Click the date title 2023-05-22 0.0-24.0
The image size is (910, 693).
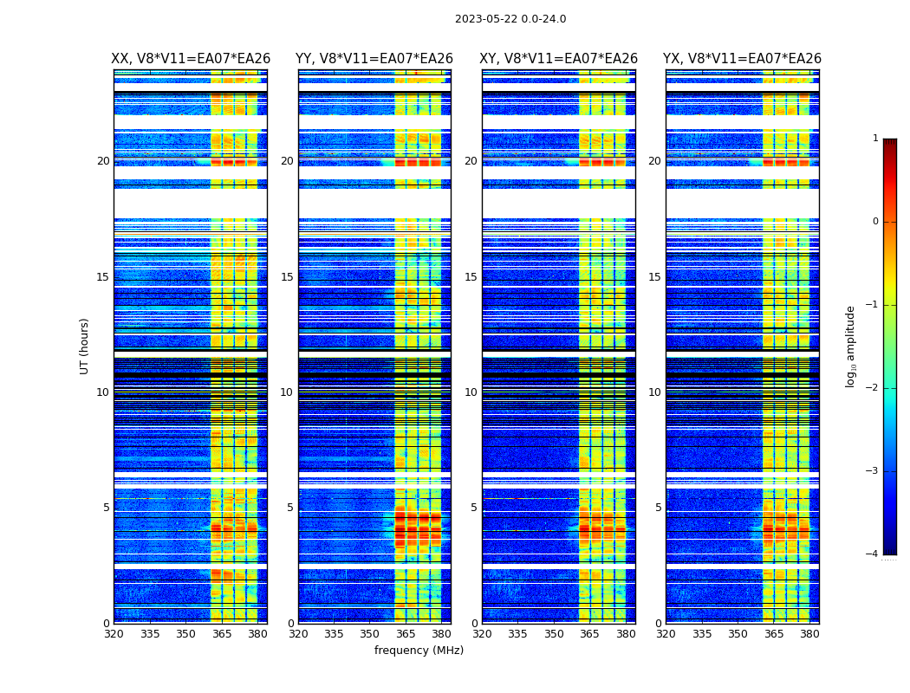tap(510, 19)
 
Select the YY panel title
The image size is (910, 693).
tap(374, 59)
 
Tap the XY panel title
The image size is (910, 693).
tap(559, 59)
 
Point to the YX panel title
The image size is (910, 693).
tap(742, 59)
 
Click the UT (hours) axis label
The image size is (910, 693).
tap(85, 346)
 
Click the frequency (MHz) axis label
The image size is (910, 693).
tap(419, 651)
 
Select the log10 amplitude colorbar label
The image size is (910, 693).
tap(851, 346)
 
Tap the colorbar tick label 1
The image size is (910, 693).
tap(875, 139)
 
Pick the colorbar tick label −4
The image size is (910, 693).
tap(873, 554)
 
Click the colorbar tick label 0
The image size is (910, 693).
tap(875, 222)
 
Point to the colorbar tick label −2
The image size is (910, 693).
tap(873, 388)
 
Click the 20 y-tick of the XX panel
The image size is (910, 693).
tap(103, 161)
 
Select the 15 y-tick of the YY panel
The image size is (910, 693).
tap(288, 277)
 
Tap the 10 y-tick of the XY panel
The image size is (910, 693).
tap(471, 392)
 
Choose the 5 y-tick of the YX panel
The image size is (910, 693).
tap(659, 508)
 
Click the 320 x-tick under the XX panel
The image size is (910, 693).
tap(114, 634)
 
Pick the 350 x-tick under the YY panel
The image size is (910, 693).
tap(370, 634)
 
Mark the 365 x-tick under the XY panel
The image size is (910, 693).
tap(589, 634)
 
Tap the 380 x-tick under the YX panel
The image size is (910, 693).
tap(809, 634)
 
